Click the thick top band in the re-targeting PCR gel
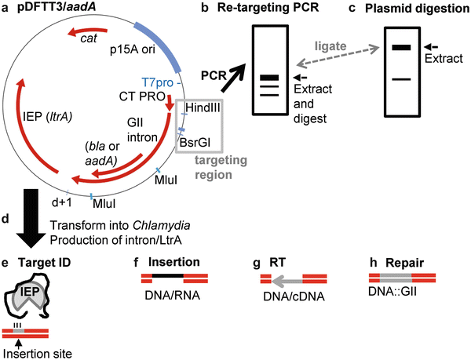tap(269, 77)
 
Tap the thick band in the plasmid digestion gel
tap(401, 48)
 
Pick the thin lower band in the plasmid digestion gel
tap(401, 79)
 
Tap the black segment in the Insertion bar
tap(169, 277)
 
